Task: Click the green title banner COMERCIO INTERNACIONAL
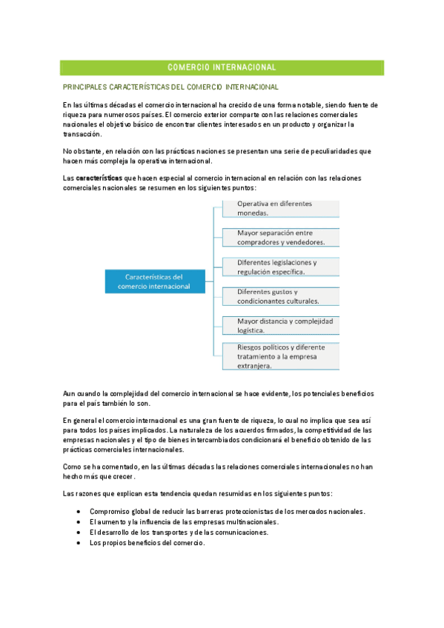coord(222,67)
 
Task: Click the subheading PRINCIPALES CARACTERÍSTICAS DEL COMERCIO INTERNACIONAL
coord(170,87)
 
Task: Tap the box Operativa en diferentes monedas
coord(280,208)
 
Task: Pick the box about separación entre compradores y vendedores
coord(280,238)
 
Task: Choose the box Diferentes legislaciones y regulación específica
coord(280,267)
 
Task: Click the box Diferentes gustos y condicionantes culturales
coord(280,296)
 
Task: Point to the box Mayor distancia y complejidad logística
coord(280,326)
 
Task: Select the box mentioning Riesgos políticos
coord(280,355)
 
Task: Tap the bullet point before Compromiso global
coord(79,512)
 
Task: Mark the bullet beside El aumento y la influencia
coord(79,522)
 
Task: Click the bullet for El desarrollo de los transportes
coord(79,532)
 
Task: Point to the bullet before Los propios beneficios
coord(79,543)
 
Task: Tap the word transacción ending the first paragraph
coord(82,135)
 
